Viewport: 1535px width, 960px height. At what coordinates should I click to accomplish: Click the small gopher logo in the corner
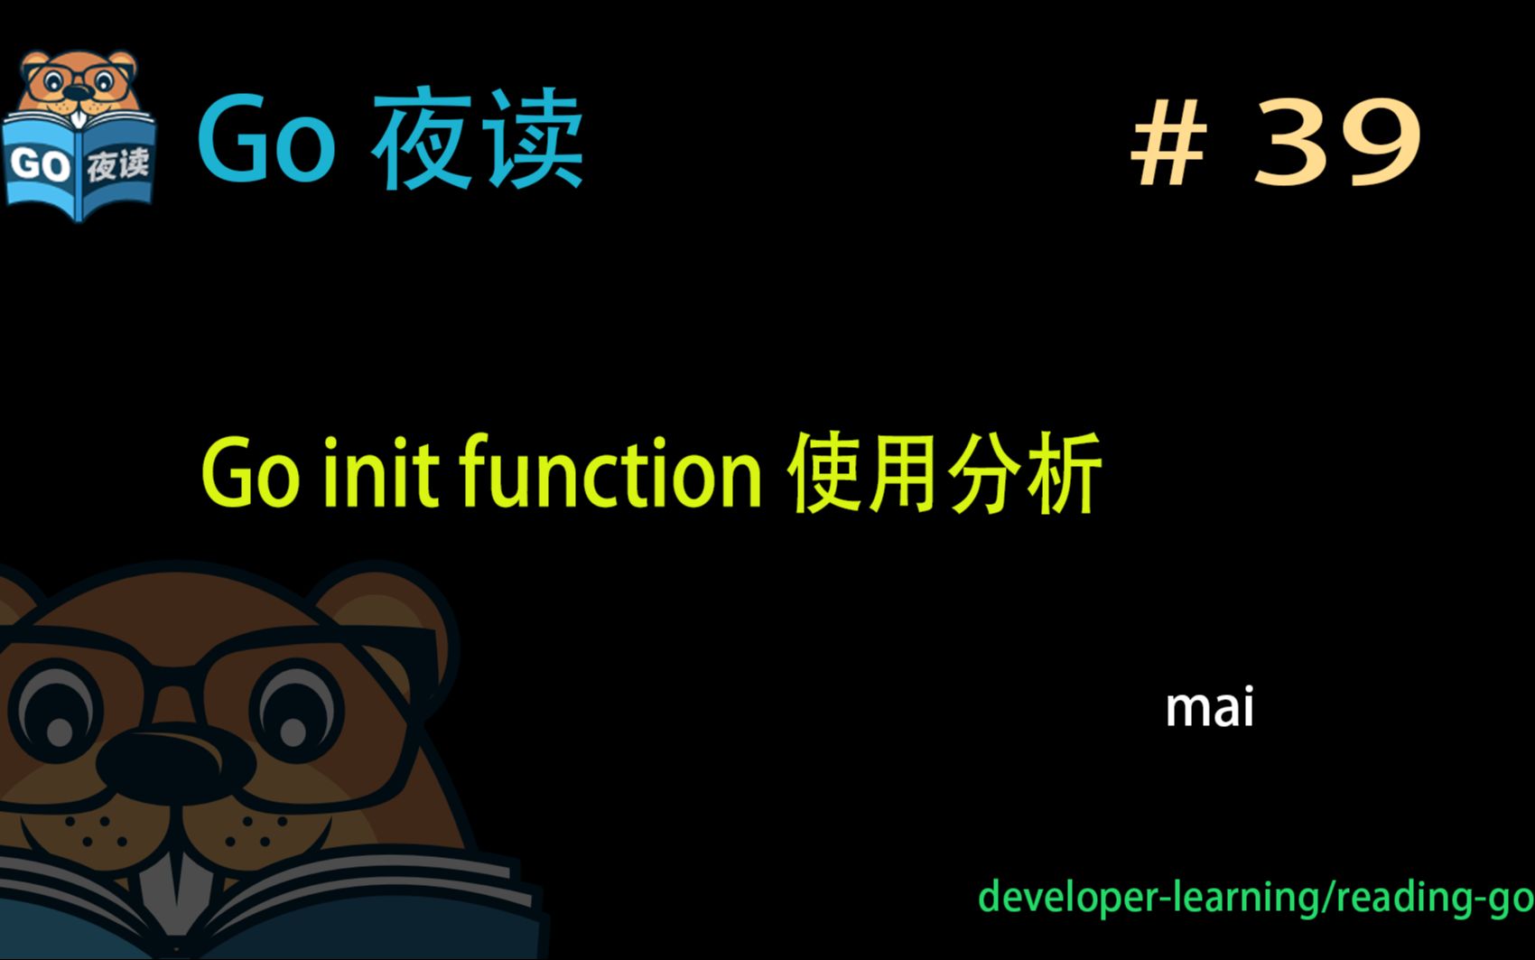tap(79, 135)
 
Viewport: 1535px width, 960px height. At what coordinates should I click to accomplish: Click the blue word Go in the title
tap(266, 141)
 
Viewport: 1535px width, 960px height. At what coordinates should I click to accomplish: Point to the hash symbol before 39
tap(1168, 144)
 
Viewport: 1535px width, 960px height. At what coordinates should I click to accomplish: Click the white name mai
tap(1209, 708)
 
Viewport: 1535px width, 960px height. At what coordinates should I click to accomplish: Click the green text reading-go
tap(1435, 898)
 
